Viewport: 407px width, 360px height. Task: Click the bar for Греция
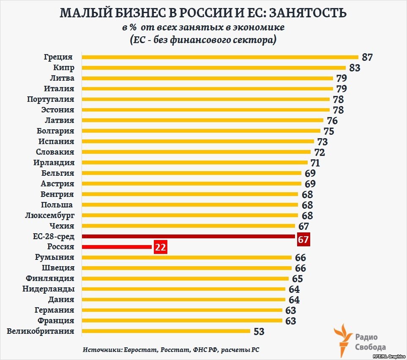point(220,57)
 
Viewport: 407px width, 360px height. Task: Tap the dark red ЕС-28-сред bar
point(188,236)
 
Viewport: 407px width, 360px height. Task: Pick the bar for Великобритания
point(166,331)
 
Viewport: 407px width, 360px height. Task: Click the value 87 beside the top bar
point(367,57)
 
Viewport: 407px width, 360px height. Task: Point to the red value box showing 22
point(160,247)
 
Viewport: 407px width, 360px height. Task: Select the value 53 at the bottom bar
point(259,332)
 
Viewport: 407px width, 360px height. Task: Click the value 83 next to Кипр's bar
point(355,68)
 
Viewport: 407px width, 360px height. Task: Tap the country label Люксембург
point(50,215)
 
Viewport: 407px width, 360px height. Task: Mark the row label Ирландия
point(54,163)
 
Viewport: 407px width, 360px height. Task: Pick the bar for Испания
point(198,142)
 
